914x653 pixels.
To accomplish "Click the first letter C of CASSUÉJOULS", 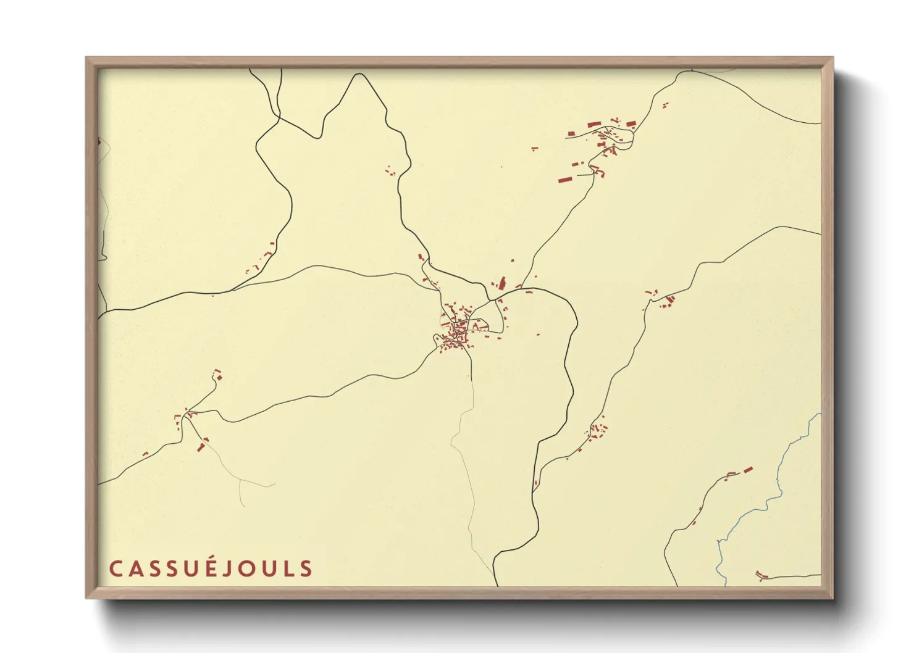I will [x=115, y=568].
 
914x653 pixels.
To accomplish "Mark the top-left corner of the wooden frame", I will [x=87, y=58].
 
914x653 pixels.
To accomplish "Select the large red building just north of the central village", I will [x=502, y=283].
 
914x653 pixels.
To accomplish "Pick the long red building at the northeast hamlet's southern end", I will [x=565, y=180].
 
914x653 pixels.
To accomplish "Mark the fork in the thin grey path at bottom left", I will [x=240, y=480].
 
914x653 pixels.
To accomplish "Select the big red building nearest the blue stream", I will [x=748, y=470].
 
